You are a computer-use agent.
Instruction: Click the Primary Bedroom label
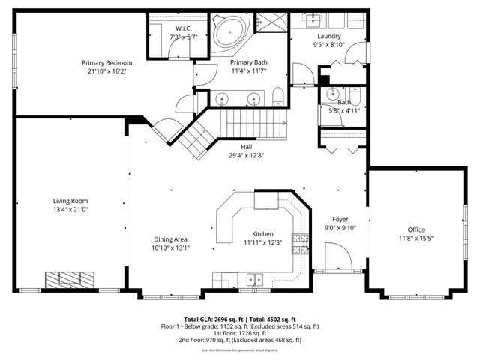[107, 63]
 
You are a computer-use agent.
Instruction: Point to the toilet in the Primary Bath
[277, 95]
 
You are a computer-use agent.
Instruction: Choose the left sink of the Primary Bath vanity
[223, 97]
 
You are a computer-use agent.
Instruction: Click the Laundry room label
[329, 36]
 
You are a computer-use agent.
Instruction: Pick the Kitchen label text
[262, 234]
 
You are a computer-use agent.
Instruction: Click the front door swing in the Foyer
[341, 259]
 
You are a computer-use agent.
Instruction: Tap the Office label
[415, 229]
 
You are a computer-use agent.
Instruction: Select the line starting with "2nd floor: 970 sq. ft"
[240, 340]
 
